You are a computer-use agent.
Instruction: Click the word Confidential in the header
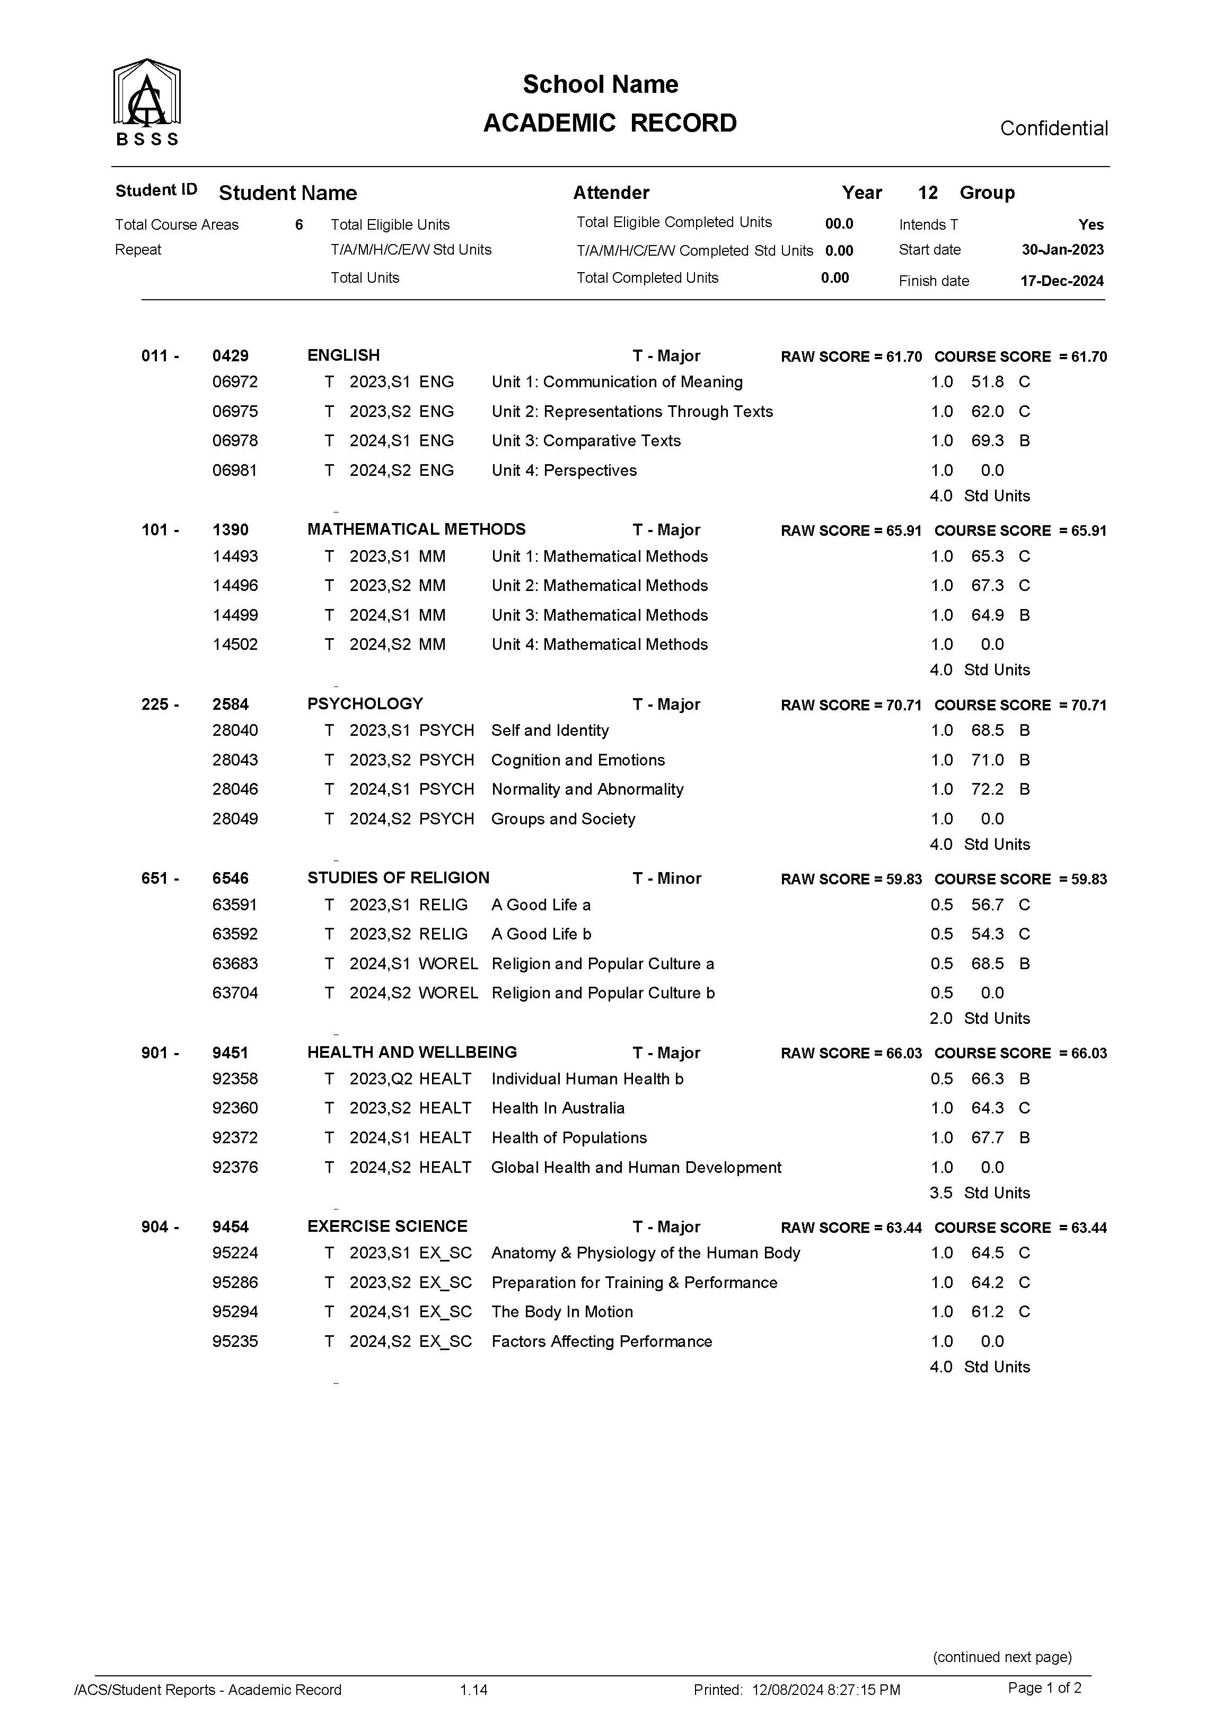coord(1053,128)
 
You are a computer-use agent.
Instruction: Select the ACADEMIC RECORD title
coord(610,123)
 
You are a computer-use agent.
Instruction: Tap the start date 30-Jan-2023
coord(1062,249)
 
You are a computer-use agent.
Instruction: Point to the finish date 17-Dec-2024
coord(1062,281)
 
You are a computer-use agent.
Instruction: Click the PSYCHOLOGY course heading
coord(365,703)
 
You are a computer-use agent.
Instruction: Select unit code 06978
coord(235,440)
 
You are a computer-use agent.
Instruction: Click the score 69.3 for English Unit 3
coord(987,440)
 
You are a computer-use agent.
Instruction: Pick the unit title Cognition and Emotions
coord(578,760)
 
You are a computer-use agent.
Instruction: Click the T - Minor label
coord(667,878)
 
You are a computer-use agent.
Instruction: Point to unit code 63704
coord(235,993)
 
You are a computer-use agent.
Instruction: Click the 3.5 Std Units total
coord(980,1193)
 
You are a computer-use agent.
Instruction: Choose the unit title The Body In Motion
coord(562,1312)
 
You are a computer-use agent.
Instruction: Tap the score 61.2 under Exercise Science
coord(987,1312)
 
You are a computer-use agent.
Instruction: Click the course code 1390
coord(231,529)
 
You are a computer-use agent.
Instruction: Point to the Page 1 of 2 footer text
coord(1044,1688)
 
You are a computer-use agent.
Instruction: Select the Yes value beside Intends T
coord(1090,225)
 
